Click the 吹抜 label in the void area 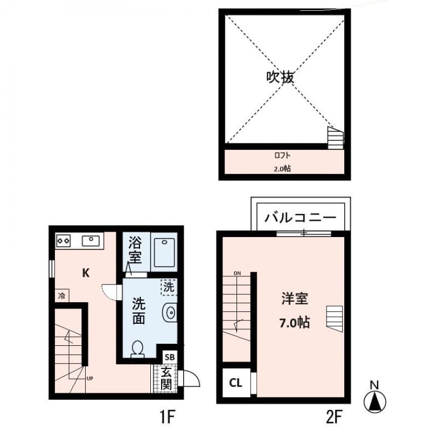pyautogui.click(x=280, y=78)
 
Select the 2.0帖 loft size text pyautogui.click(x=282, y=169)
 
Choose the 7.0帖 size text pyautogui.click(x=294, y=323)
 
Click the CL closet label pyautogui.click(x=235, y=383)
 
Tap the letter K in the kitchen pyautogui.click(x=86, y=273)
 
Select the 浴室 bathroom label pyautogui.click(x=135, y=250)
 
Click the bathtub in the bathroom pyautogui.click(x=164, y=251)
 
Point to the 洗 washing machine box pyautogui.click(x=169, y=287)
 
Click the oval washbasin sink pyautogui.click(x=170, y=312)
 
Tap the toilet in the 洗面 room pyautogui.click(x=138, y=349)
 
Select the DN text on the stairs pyautogui.click(x=237, y=274)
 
